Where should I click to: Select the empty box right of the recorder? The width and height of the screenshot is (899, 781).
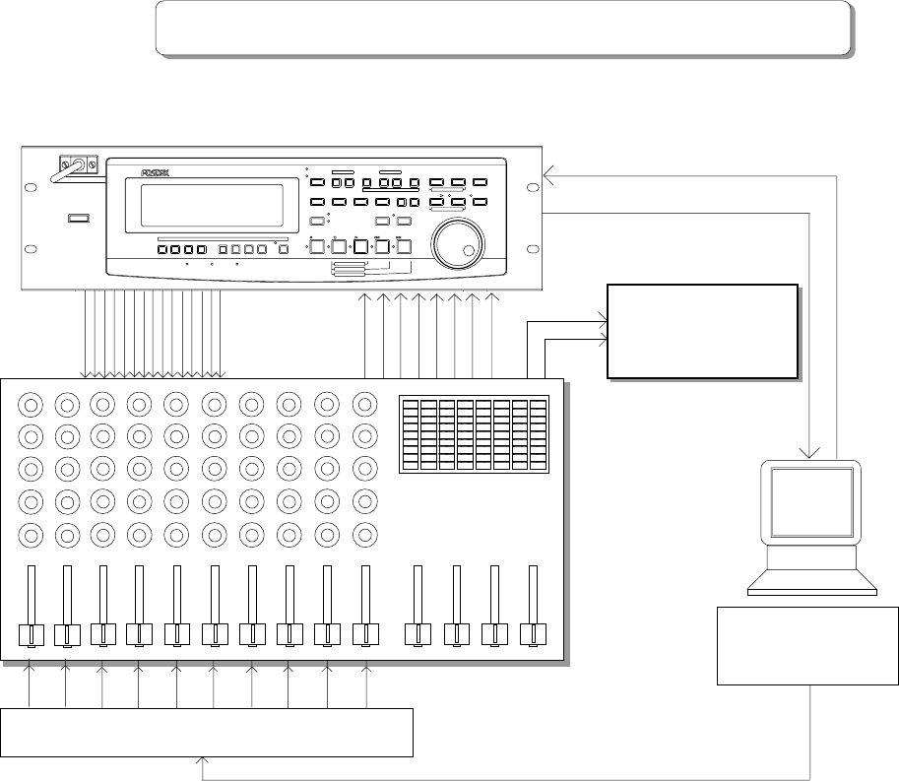tap(702, 330)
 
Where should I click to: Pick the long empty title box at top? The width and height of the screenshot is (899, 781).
tap(502, 27)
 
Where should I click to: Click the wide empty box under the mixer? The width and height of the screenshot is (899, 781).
tap(208, 732)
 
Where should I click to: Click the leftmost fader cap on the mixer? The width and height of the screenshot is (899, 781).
tap(30, 635)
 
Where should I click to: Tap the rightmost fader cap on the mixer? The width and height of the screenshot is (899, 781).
tap(533, 635)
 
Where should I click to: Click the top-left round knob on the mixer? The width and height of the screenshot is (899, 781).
tap(30, 404)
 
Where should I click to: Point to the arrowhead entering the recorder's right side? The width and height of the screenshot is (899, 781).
tap(548, 177)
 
